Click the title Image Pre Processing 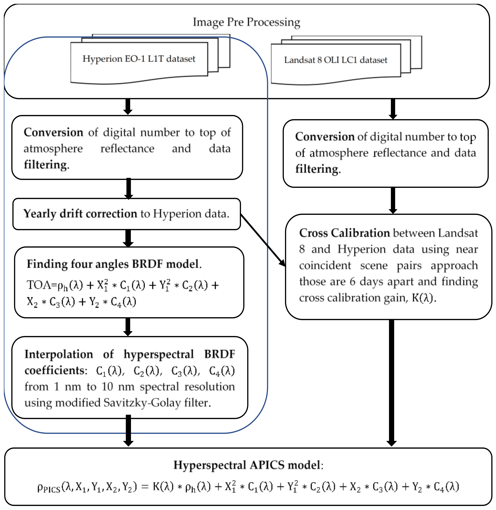click(246, 22)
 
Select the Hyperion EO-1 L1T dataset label click(139, 59)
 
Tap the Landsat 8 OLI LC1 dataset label click(336, 60)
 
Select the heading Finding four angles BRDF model click(114, 264)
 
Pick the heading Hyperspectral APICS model click(248, 465)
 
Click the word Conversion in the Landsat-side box click(325, 137)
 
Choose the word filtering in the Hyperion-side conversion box click(46, 165)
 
